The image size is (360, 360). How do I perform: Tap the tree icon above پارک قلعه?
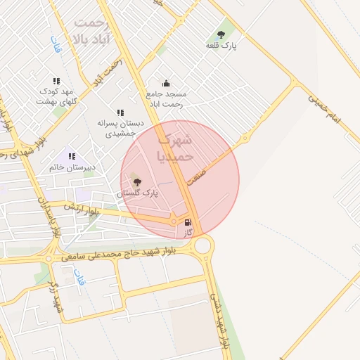[x=221, y=33]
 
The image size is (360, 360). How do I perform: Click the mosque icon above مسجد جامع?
[x=166, y=83]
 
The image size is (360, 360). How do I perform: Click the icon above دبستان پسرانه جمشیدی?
[x=120, y=112]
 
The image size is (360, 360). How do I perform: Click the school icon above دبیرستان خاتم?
[x=72, y=155]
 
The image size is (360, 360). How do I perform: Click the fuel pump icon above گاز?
[x=188, y=222]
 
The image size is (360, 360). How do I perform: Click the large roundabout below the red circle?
[x=204, y=245]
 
